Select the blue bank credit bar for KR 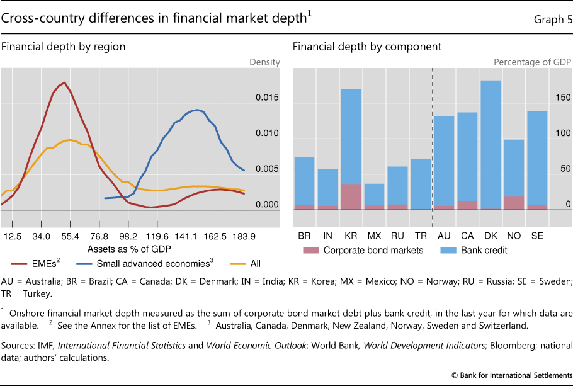(x=351, y=135)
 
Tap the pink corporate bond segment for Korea (x=351, y=196)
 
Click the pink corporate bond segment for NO (x=514, y=202)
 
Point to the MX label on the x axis (x=374, y=235)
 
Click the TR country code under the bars (x=421, y=235)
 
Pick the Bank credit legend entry (x=474, y=250)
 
